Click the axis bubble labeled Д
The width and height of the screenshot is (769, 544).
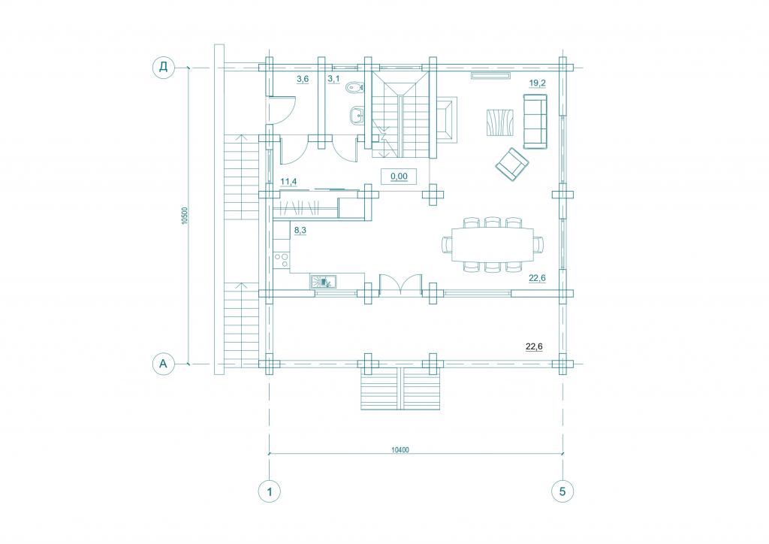163,67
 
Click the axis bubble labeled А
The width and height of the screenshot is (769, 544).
163,364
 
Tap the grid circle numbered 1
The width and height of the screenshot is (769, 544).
270,491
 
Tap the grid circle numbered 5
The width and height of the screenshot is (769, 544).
562,491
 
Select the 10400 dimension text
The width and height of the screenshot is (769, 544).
401,450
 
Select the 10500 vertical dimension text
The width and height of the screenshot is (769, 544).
185,216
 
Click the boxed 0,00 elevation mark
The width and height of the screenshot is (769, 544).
399,176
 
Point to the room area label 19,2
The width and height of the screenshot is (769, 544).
538,83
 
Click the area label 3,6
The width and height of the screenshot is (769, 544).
303,79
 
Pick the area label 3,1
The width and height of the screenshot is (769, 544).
333,79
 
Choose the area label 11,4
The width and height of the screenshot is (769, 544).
288,183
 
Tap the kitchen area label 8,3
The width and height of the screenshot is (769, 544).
300,230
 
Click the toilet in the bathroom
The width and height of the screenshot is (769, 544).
354,88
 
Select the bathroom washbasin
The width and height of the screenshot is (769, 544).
357,116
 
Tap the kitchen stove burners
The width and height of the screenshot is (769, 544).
282,260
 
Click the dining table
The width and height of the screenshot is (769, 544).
493,244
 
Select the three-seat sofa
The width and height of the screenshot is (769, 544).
535,121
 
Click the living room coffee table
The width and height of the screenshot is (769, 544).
500,122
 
